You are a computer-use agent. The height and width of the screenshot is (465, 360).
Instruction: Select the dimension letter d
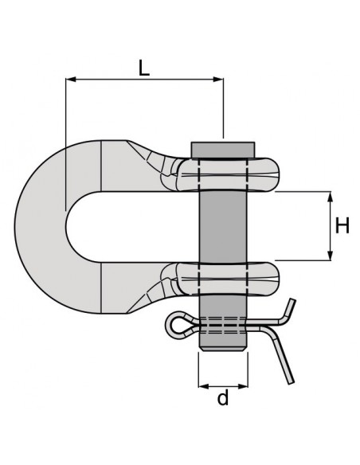pyautogui.click(x=223, y=398)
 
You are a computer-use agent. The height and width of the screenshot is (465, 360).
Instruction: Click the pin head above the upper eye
pyautogui.click(x=223, y=150)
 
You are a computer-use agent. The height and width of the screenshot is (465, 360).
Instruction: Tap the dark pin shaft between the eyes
pyautogui.click(x=223, y=226)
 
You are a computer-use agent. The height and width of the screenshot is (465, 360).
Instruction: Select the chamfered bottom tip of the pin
pyautogui.click(x=223, y=344)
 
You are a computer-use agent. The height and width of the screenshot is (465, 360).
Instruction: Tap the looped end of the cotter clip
pyautogui.click(x=177, y=322)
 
